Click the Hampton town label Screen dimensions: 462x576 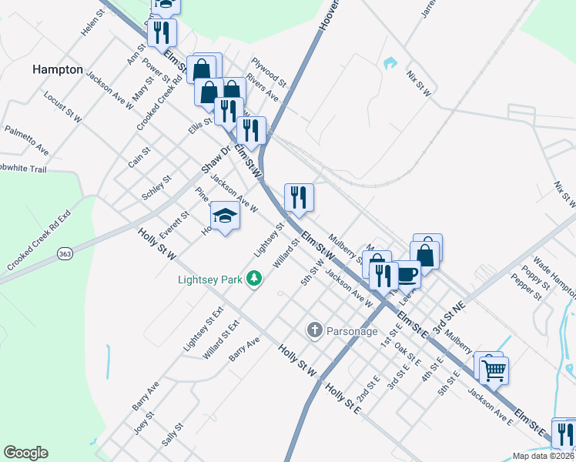tap(57, 69)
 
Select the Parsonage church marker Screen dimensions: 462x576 tap(314, 331)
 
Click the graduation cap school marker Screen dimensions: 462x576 tap(225, 216)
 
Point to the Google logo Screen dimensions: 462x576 tap(25, 453)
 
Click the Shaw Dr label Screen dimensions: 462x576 tap(216, 159)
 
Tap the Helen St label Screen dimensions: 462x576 tap(92, 23)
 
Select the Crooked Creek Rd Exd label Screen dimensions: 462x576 tap(39, 239)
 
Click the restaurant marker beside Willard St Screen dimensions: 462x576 tap(299, 197)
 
